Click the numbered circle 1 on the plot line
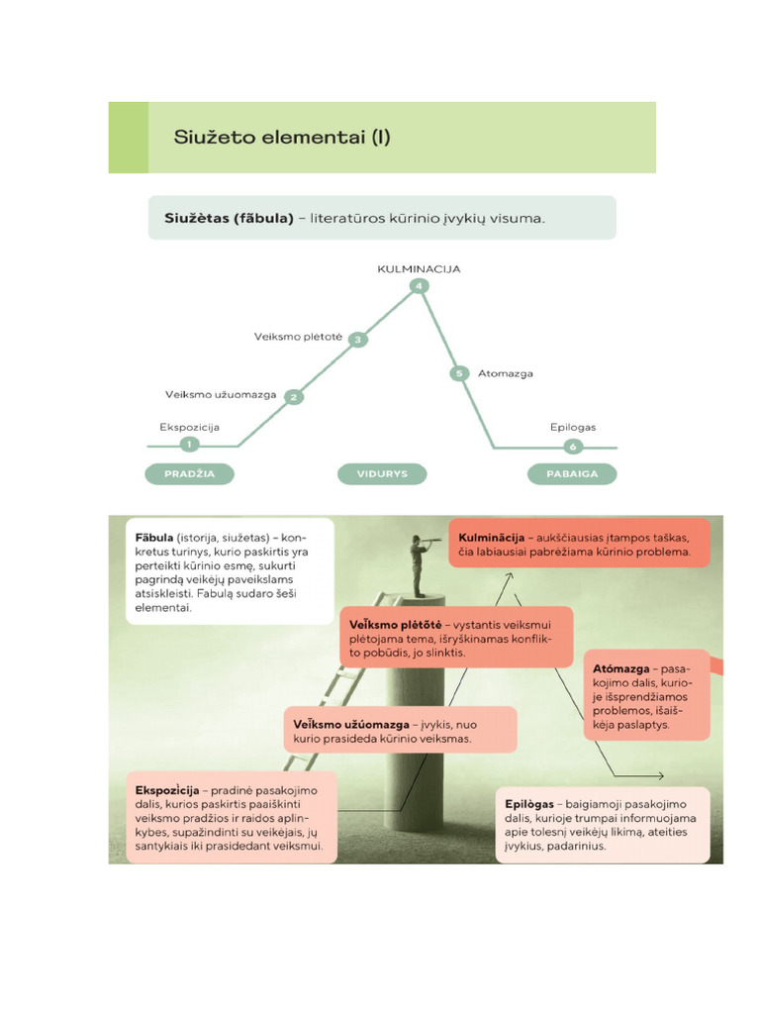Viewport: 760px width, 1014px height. click(188, 445)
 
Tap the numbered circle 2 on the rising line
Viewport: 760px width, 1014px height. click(293, 397)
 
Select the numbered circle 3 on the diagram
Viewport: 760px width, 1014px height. click(358, 340)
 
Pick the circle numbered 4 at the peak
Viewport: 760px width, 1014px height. click(420, 286)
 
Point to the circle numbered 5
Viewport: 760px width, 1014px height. click(458, 373)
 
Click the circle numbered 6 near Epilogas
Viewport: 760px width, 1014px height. click(572, 446)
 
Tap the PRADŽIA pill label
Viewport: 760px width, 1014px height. click(189, 474)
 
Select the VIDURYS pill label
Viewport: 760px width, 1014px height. click(382, 474)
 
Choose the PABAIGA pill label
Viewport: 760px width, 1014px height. click(573, 474)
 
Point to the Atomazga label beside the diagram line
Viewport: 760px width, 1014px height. click(505, 374)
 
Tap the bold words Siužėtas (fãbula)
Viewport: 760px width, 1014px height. click(228, 218)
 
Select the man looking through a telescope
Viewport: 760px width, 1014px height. click(420, 564)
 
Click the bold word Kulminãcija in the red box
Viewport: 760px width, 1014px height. click(491, 536)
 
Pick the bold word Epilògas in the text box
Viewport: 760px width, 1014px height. click(533, 804)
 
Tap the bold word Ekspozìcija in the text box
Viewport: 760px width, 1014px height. click(166, 790)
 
